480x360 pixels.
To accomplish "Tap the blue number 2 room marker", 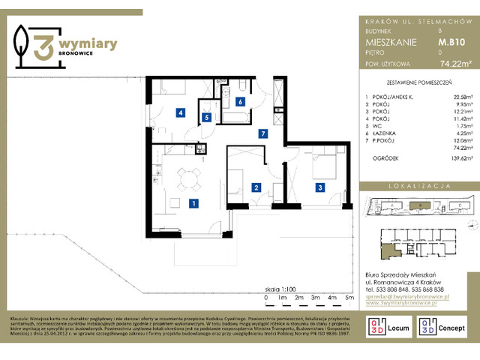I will click(x=256, y=187).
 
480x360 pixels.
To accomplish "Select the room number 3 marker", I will click(x=319, y=187).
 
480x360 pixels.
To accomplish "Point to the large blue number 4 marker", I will click(x=181, y=113).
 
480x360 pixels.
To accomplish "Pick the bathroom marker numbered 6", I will click(x=240, y=101).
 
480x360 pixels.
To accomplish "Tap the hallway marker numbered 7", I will click(x=262, y=133).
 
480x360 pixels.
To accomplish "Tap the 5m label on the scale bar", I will click(x=349, y=298).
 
